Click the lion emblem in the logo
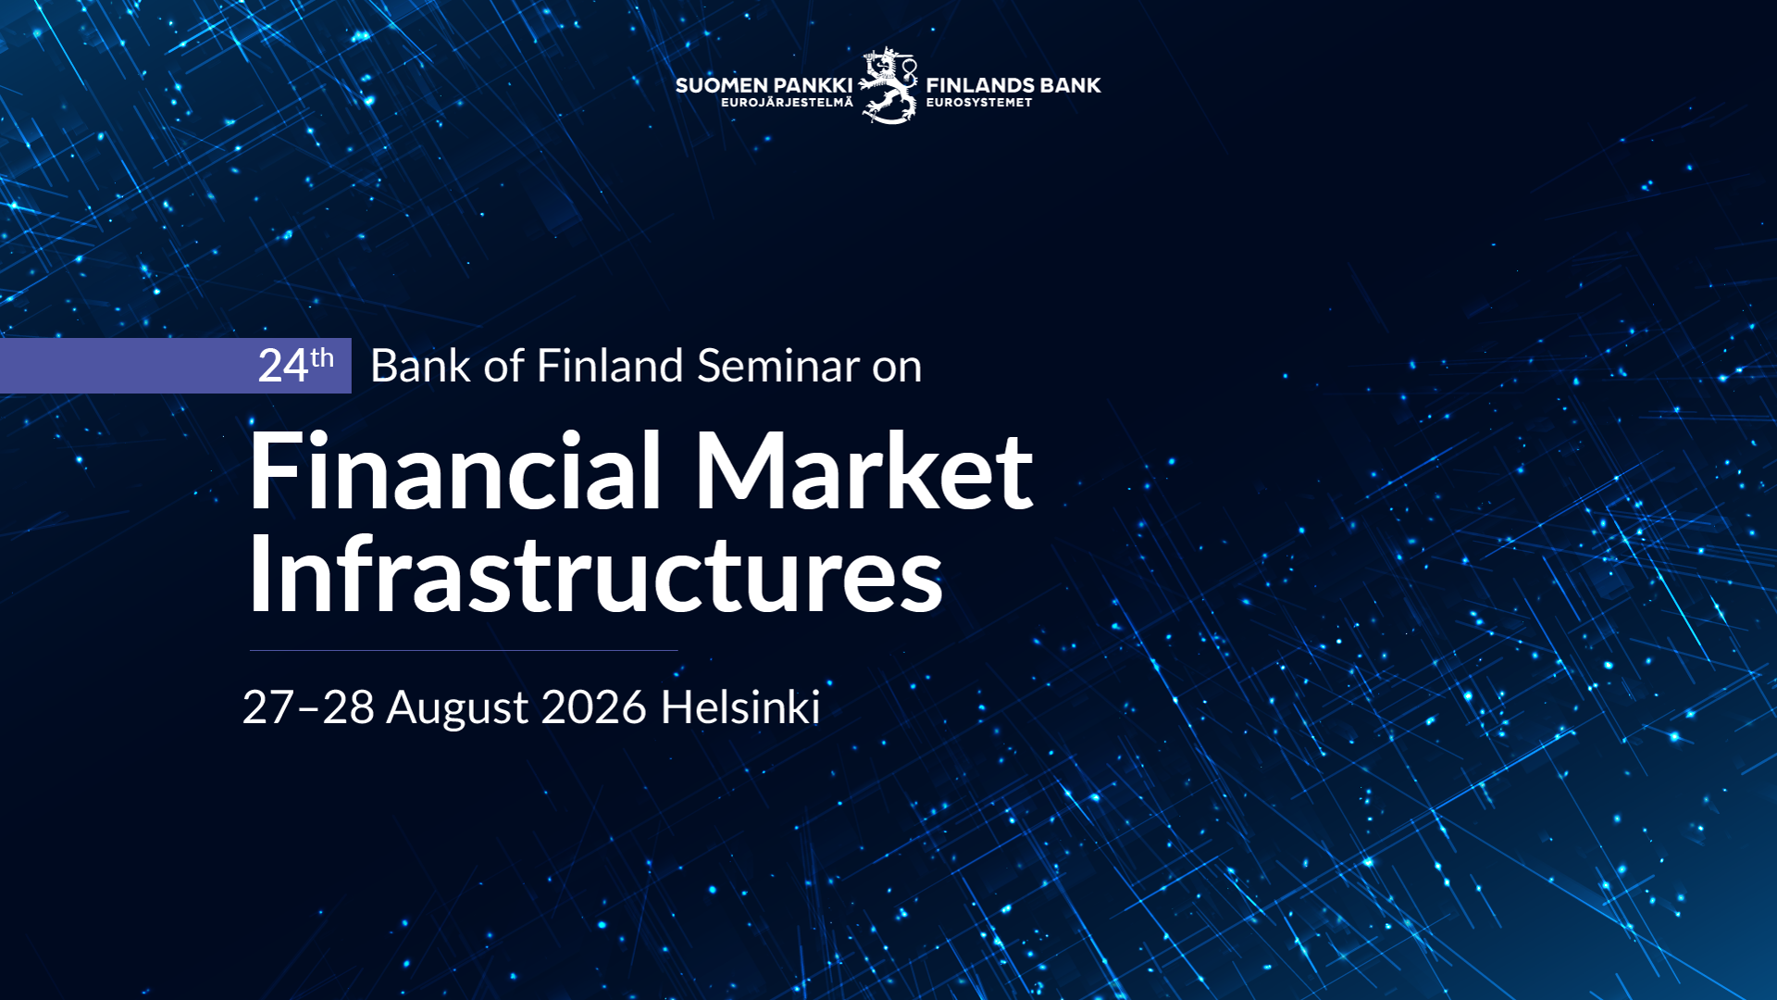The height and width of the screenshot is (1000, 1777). [888, 85]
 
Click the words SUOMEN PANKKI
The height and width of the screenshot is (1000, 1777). [764, 85]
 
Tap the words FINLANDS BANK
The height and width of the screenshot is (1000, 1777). [1013, 85]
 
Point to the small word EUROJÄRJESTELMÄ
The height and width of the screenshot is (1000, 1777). [787, 102]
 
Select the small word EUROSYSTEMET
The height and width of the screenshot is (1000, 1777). [979, 103]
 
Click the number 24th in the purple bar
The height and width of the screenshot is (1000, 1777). [295, 365]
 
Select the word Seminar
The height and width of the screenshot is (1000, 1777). [778, 366]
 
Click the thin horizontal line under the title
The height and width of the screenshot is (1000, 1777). [464, 650]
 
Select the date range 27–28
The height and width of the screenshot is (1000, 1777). [308, 707]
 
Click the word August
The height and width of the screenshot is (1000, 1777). [458, 709]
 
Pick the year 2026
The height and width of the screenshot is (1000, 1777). [593, 707]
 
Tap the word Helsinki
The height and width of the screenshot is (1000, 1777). [740, 707]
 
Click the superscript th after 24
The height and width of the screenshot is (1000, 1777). [322, 357]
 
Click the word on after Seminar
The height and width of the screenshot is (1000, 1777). [897, 369]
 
